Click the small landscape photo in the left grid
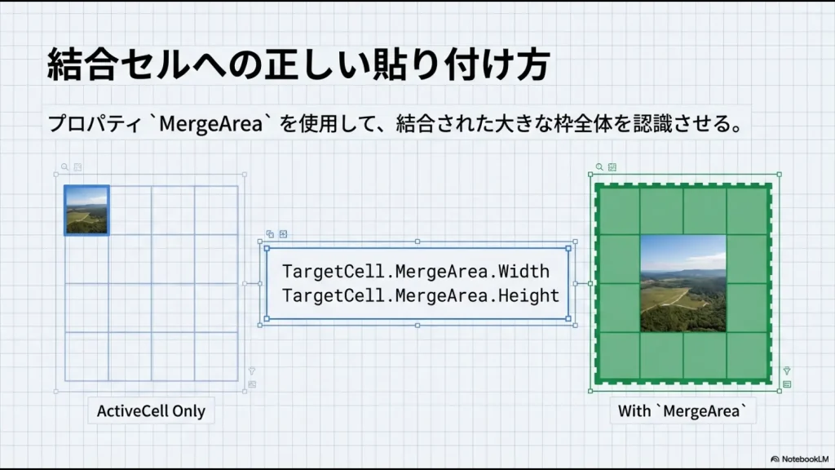[86, 210]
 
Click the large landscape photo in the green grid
[683, 283]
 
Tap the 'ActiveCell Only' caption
[151, 410]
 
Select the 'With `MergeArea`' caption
[682, 410]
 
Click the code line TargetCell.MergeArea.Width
[416, 271]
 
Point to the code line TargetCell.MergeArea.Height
[421, 295]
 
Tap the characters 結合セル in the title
[117, 64]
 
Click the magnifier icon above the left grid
[65, 166]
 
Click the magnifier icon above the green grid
[599, 166]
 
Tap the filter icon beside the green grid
[787, 370]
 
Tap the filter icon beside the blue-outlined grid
[252, 370]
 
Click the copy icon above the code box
[270, 233]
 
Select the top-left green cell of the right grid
[618, 211]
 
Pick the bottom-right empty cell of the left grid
[216, 356]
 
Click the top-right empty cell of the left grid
[216, 210]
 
